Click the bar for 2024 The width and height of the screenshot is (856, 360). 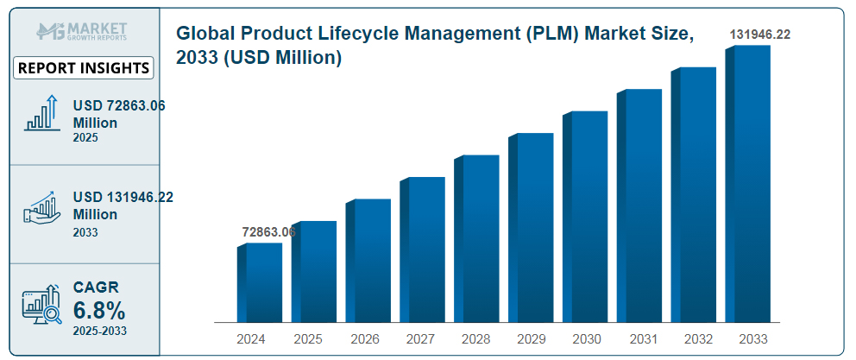[260, 282]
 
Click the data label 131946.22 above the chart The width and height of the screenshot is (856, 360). [759, 35]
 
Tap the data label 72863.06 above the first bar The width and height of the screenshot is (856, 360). [268, 232]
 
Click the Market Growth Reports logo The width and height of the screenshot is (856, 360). [83, 32]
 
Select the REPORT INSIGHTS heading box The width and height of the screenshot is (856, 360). [84, 68]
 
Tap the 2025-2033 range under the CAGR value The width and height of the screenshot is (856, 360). [98, 332]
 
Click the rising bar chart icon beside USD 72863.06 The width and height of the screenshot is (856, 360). [41, 113]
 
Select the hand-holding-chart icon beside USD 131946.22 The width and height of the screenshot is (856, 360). [41, 209]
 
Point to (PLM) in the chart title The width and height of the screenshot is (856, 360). [578, 35]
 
